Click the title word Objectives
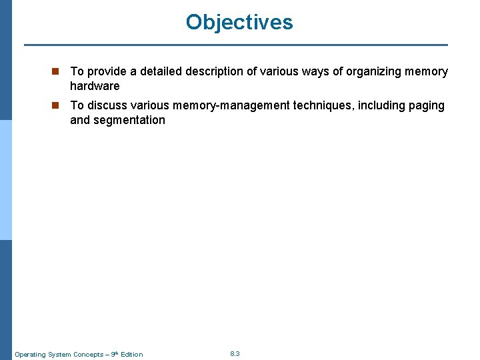pyautogui.click(x=239, y=22)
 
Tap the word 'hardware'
pyautogui.click(x=95, y=86)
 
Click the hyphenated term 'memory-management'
pyautogui.click(x=235, y=105)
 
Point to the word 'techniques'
pyautogui.click(x=319, y=105)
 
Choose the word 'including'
pyautogui.click(x=375, y=105)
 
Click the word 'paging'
pyautogui.click(x=426, y=105)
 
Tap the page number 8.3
pyautogui.click(x=235, y=353)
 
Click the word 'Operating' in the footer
pyautogui.click(x=30, y=354)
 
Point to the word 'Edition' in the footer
pyautogui.click(x=131, y=354)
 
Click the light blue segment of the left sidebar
pyautogui.click(x=5, y=180)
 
